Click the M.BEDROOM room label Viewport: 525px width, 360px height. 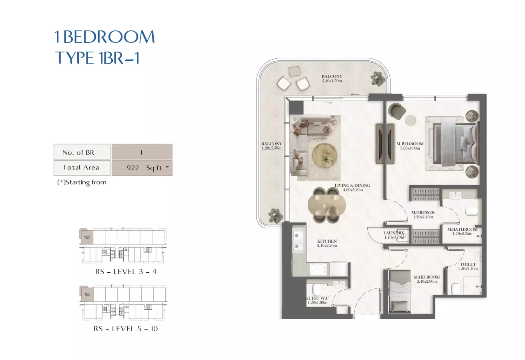point(410,144)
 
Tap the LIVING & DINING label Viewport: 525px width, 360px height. point(352,186)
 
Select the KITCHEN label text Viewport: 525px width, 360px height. point(327,241)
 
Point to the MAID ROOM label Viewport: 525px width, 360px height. point(427,277)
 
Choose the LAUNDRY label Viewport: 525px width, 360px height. point(394,233)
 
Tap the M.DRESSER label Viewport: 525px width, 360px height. point(423,212)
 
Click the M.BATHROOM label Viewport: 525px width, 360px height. point(463,229)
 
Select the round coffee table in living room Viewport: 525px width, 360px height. point(325,154)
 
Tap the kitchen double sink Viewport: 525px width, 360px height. point(298,240)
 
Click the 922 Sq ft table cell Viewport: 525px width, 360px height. point(142,168)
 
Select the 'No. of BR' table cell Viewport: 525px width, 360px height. point(82,152)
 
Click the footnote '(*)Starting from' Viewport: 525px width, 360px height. point(82,182)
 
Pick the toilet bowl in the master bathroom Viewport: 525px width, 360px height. point(472,211)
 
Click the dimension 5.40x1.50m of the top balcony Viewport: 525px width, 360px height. point(332,81)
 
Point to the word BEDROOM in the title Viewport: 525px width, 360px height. point(108,37)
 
